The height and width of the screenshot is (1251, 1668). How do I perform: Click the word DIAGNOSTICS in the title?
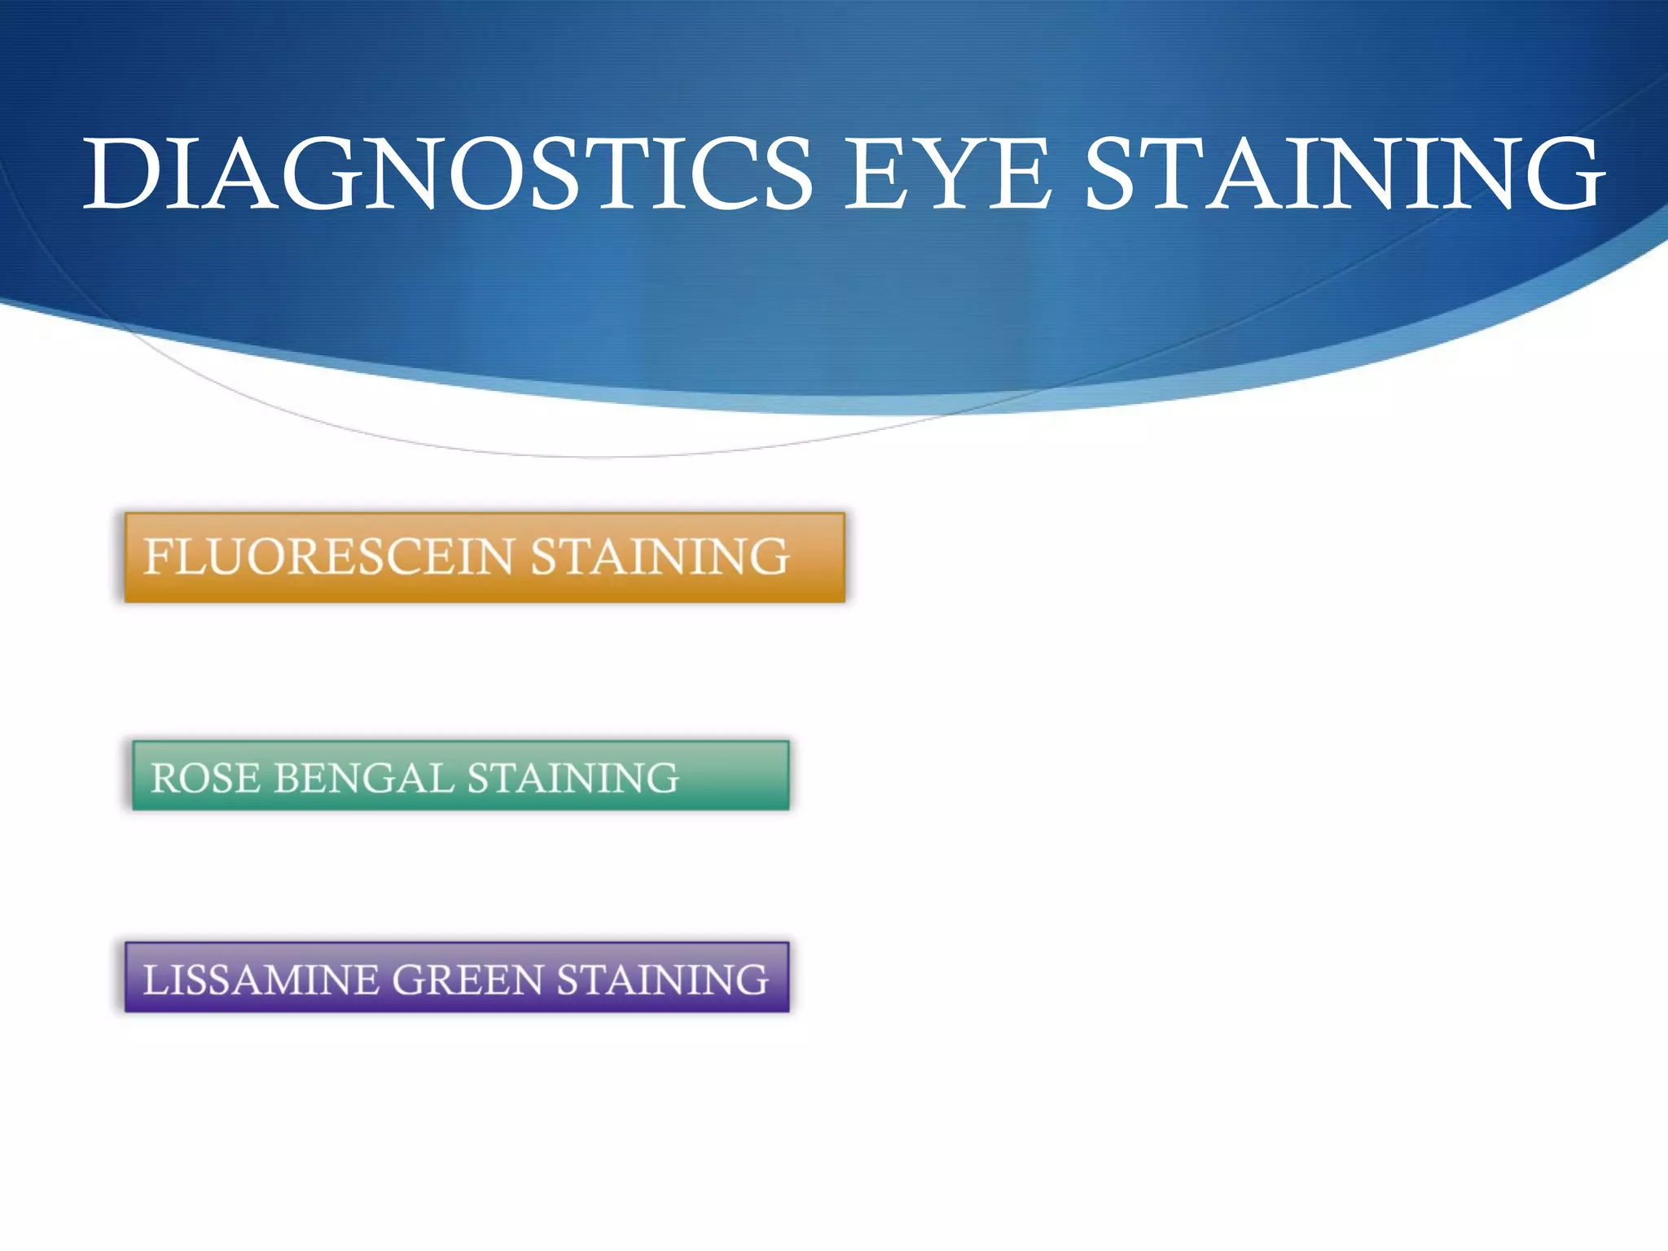tap(448, 173)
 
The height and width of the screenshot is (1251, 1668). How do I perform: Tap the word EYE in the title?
tap(946, 173)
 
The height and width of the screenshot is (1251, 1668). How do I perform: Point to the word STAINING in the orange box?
tap(660, 557)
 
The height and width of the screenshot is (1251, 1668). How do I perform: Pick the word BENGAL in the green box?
tap(363, 778)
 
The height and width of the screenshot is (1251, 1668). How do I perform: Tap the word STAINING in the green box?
tap(573, 778)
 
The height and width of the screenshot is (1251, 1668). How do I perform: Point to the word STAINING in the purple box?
tap(662, 979)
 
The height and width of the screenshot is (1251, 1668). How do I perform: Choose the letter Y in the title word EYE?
tap(948, 173)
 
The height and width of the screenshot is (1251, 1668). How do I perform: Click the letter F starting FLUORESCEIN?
tap(156, 557)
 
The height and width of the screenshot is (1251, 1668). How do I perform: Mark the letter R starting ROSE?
tap(165, 778)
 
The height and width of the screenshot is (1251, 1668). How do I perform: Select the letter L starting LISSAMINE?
tap(154, 979)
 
